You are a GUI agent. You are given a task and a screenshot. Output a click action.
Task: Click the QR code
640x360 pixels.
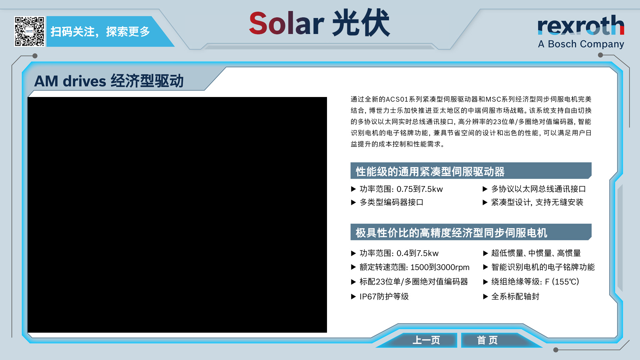coord(29,31)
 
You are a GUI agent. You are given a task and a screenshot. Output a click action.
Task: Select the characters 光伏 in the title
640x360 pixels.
coord(361,23)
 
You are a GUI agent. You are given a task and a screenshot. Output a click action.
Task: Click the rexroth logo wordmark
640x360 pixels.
coord(581,25)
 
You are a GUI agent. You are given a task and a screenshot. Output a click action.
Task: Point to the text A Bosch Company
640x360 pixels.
coord(581,44)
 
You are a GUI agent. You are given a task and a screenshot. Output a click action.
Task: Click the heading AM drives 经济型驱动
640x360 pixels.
coord(109,81)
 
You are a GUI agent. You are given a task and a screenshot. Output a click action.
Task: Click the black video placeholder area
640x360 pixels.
coord(177,215)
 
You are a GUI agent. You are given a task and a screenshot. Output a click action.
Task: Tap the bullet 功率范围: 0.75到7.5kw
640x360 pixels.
coord(397,189)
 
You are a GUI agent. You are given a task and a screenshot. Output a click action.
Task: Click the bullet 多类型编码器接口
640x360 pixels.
coord(387,202)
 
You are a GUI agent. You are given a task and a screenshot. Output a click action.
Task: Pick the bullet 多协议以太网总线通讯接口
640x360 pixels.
coord(534,189)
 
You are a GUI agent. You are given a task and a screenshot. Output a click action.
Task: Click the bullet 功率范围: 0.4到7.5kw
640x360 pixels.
coord(395,253)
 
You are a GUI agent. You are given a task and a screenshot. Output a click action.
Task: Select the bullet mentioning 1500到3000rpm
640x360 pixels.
coord(410,267)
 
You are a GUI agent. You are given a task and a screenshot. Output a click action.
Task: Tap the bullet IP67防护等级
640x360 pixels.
coord(380,297)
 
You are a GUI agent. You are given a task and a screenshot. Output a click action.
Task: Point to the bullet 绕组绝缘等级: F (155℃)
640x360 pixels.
coord(531,282)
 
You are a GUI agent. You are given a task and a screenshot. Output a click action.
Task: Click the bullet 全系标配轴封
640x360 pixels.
coord(511,297)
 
